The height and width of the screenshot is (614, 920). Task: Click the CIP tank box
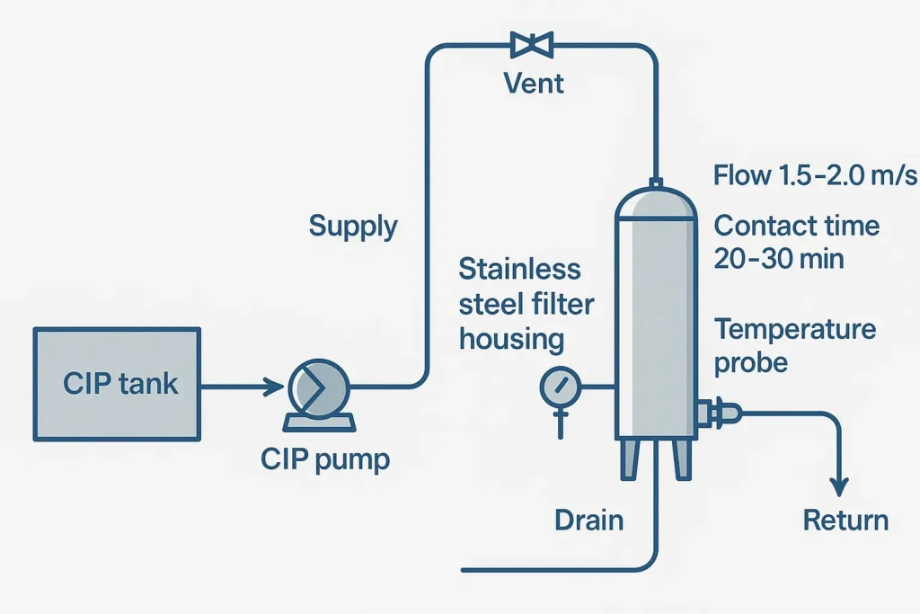point(117,384)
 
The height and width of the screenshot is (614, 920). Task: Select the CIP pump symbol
point(318,387)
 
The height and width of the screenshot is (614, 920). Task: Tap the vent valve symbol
point(532,42)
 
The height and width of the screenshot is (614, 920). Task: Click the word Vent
point(534,84)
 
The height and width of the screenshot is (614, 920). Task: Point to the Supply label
point(353,225)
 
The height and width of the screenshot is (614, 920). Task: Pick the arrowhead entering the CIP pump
point(275,387)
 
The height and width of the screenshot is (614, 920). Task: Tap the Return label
point(845,520)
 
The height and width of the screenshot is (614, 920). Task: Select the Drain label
point(589,520)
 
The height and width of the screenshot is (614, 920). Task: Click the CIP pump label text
point(325,459)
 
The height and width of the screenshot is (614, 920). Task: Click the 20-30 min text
point(779,259)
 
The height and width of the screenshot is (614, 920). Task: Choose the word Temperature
point(795,329)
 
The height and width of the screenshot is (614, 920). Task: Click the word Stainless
point(519,269)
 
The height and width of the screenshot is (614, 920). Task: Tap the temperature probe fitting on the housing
point(721,413)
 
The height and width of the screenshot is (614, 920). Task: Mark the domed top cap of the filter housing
point(656,202)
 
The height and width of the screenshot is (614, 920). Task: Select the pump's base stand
point(317,421)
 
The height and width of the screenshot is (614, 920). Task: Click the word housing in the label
point(511,339)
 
